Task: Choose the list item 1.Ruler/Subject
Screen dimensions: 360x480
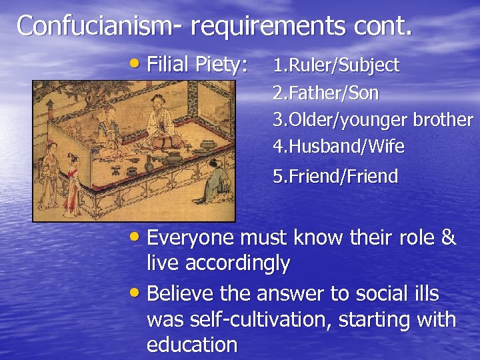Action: point(336,65)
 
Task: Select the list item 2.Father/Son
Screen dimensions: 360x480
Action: point(326,93)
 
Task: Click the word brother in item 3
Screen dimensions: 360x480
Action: point(443,120)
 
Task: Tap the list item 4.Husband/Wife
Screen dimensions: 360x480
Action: point(339,146)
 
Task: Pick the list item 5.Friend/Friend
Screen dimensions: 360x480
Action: point(335,177)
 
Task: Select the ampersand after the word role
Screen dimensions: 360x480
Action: point(448,238)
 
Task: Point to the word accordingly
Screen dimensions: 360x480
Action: point(237,264)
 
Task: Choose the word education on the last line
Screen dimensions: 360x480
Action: point(192,345)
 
